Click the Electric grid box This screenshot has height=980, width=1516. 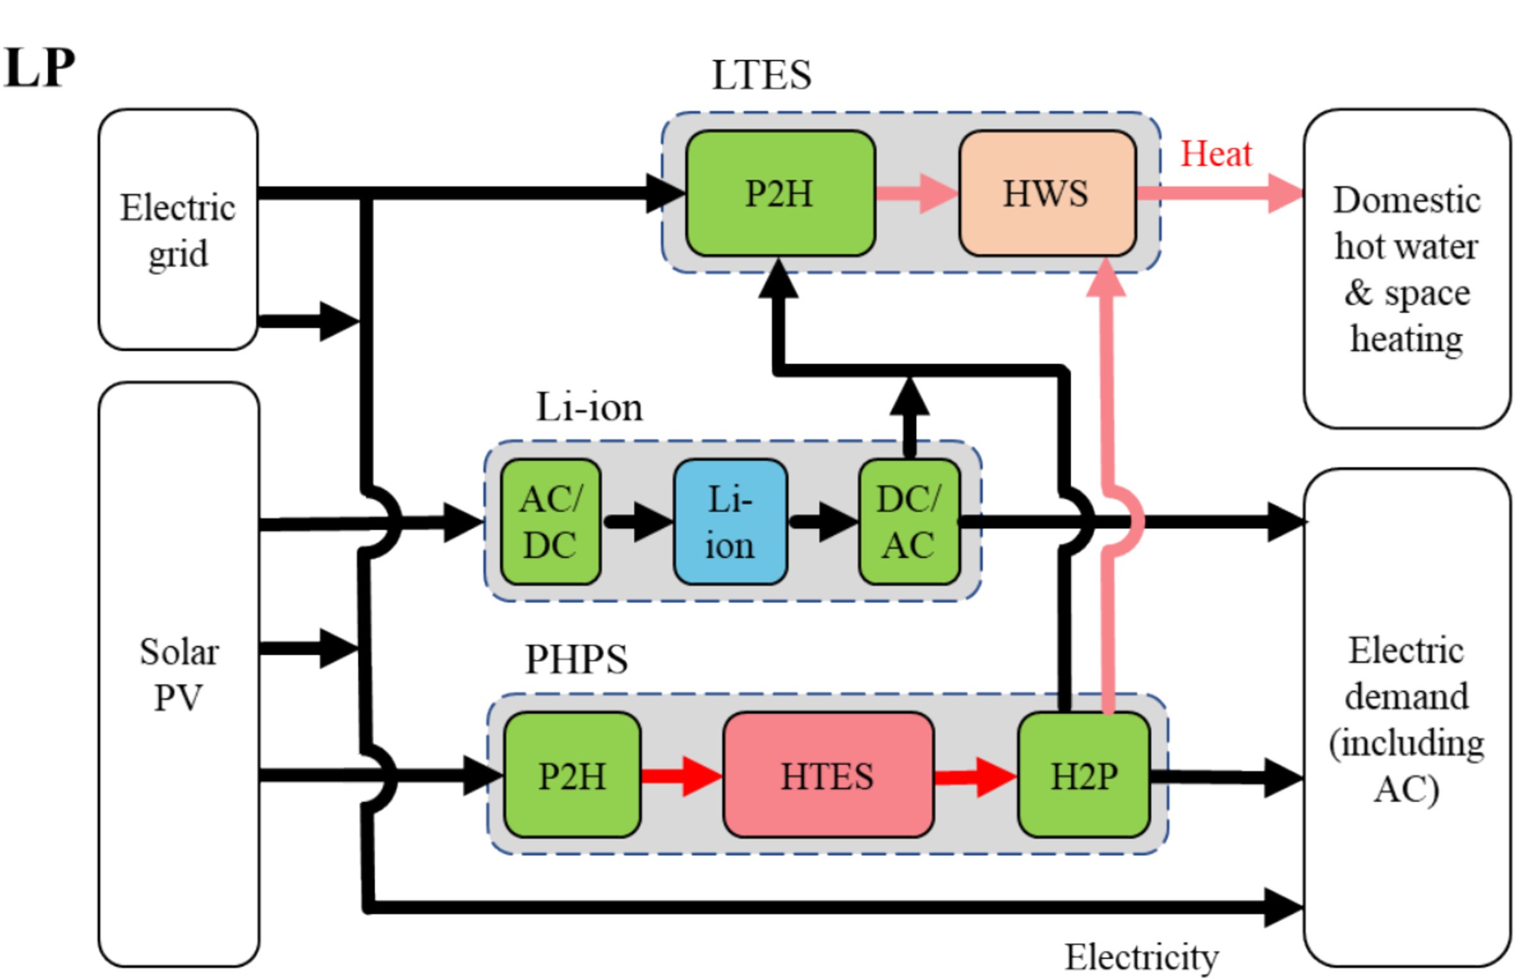178,229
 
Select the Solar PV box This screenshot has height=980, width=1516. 179,674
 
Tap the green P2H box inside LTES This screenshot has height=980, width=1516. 779,193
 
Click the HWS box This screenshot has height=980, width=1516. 1046,193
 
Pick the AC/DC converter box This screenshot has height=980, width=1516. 550,522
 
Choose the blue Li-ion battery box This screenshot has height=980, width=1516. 730,522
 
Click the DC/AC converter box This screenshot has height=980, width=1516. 908,522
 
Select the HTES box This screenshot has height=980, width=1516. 827,775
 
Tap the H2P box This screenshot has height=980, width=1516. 1083,775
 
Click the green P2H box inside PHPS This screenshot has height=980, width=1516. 572,775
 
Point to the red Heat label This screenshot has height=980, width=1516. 1215,154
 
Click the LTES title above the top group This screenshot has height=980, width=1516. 761,75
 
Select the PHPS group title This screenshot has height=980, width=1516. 576,659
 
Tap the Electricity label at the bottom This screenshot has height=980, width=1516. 1141,957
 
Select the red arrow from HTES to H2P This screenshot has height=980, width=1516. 974,777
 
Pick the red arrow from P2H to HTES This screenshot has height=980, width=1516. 681,776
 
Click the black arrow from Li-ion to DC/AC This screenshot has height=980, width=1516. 823,522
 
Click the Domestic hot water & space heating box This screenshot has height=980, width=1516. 1406,269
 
